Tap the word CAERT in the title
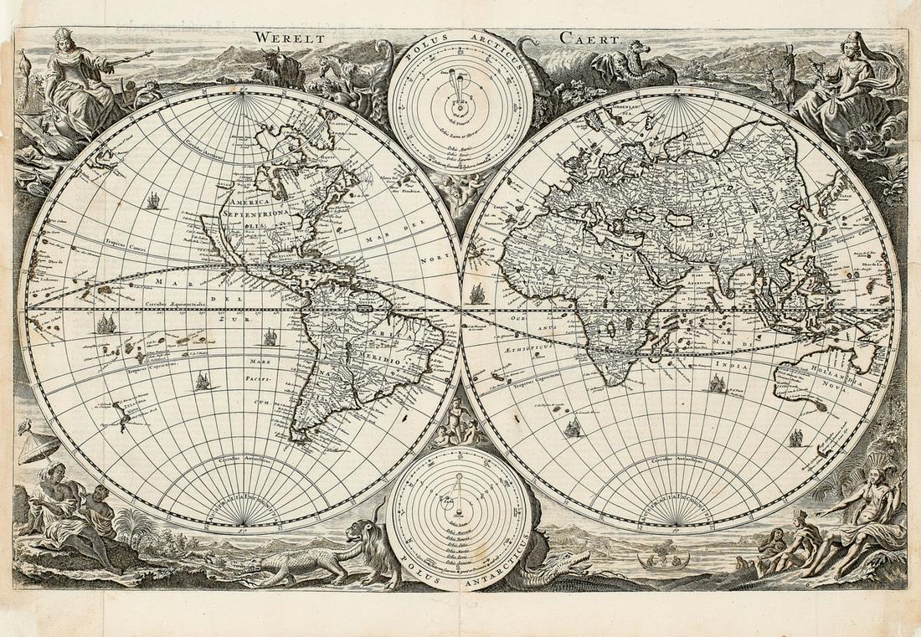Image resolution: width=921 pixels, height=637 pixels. (x=592, y=38)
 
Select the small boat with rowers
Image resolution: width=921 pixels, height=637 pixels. (x=663, y=559)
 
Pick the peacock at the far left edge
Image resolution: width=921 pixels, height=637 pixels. (x=23, y=67)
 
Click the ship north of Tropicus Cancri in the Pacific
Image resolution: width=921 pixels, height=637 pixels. (x=153, y=201)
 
